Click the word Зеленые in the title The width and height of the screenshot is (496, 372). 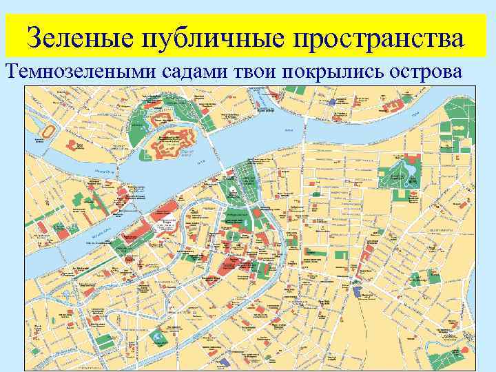(x=78, y=37)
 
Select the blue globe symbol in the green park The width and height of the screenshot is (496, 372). (x=160, y=337)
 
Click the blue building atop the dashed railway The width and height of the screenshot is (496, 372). (x=356, y=290)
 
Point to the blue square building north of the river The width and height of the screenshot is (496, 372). (x=333, y=101)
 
